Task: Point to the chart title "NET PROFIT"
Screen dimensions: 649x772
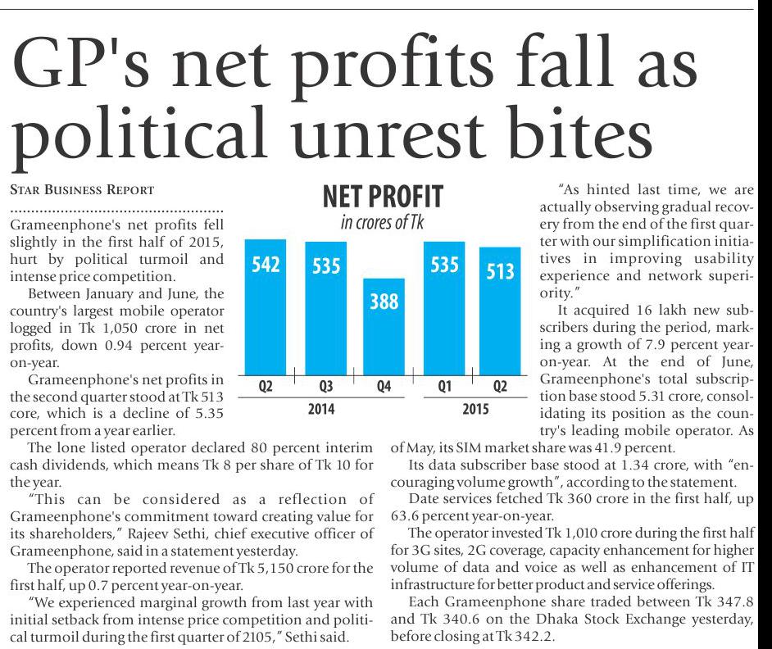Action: coord(382,197)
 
